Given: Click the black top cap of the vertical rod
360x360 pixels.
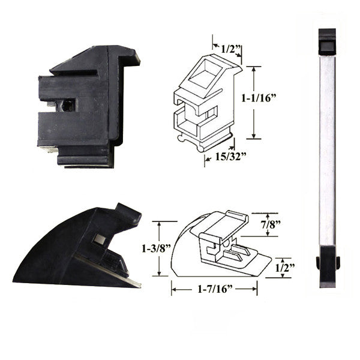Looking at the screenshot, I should click(x=327, y=42).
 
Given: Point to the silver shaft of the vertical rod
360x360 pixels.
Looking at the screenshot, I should click(x=327, y=150).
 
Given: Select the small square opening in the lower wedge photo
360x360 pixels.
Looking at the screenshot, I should click(x=100, y=239).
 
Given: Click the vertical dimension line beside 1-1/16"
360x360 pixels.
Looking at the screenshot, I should click(x=254, y=101).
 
